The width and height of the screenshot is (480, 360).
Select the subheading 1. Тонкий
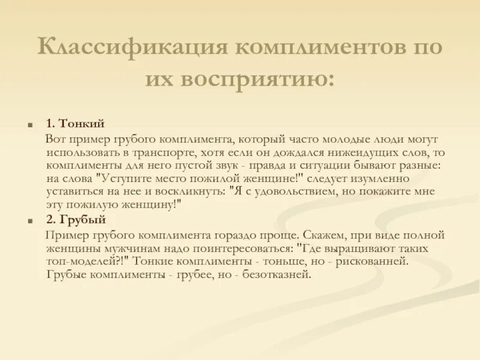pyautogui.click(x=75, y=124)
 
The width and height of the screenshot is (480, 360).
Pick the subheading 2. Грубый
pyautogui.click(x=76, y=220)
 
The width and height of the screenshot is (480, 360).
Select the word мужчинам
pyautogui.click(x=128, y=247)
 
